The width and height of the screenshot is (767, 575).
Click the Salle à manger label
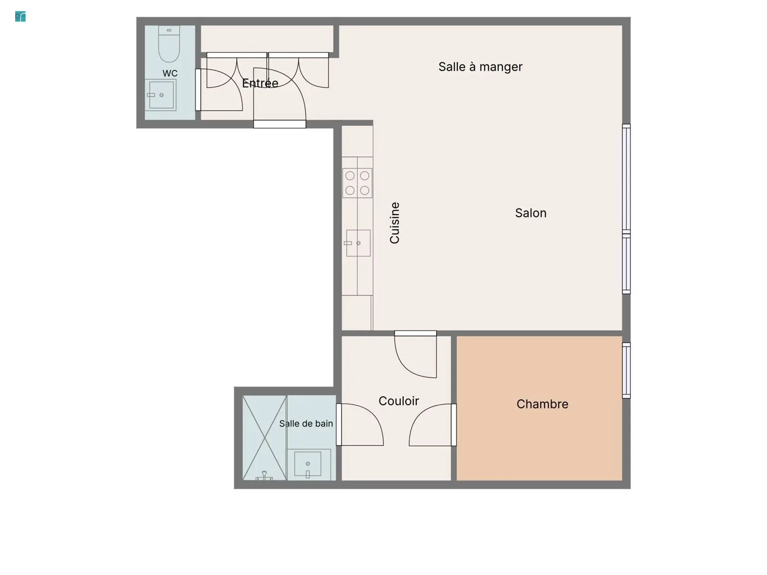(480, 67)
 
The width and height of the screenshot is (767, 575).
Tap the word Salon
(530, 213)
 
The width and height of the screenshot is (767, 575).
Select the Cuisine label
(394, 223)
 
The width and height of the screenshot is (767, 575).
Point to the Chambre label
(542, 404)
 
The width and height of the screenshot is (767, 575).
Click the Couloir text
(399, 401)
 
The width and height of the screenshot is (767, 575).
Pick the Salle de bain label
(306, 424)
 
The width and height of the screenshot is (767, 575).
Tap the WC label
(170, 73)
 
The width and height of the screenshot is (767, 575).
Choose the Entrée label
(260, 83)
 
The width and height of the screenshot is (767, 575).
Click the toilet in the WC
(169, 44)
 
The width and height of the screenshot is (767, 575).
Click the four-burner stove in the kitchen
(357, 183)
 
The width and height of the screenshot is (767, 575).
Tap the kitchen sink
(357, 243)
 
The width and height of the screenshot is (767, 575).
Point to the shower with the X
(265, 438)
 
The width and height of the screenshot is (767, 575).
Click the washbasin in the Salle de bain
(307, 464)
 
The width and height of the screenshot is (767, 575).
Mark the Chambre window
(626, 371)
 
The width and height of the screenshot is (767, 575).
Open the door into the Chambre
(433, 425)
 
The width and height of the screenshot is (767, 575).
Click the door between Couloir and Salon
(416, 354)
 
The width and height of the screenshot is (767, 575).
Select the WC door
(219, 90)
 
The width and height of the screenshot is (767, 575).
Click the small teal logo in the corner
(20, 17)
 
